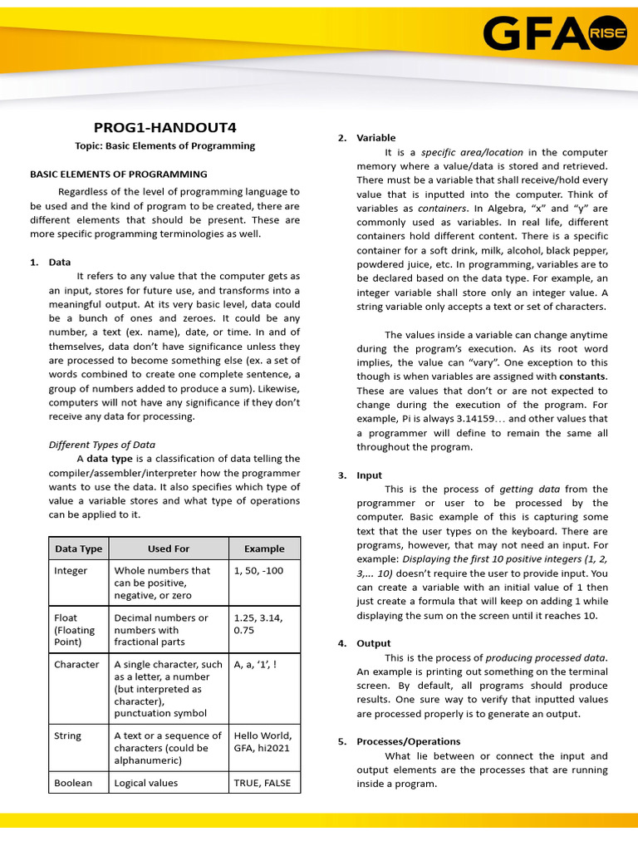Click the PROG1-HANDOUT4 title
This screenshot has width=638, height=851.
coord(164,127)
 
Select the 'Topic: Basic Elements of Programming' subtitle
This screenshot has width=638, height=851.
coord(164,145)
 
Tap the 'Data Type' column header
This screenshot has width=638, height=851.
coord(78,548)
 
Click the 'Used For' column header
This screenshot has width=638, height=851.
coord(169,548)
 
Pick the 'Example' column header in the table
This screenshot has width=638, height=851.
coord(264,548)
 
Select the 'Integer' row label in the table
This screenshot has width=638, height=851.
coord(71,571)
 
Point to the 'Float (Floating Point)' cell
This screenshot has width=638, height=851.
coord(75,630)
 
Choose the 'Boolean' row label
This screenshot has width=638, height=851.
coord(73,783)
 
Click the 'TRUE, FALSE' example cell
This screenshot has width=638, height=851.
coord(263,783)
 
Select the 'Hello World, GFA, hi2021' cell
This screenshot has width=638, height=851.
coord(263,741)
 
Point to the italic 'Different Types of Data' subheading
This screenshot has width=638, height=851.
coord(102,445)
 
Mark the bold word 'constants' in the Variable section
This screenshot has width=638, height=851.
coord(582,376)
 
